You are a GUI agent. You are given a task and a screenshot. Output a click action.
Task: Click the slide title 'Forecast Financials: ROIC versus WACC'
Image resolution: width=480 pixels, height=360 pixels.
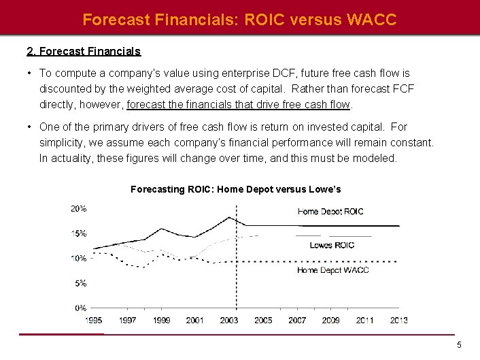point(239,20)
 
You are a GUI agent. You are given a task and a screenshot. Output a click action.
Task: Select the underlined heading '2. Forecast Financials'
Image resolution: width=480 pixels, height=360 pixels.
point(84,51)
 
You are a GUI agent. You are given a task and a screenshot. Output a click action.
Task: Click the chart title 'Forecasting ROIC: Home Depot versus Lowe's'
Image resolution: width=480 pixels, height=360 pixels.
point(235,189)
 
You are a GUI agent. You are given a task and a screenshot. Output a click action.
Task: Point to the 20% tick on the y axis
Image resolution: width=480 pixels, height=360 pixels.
point(79,209)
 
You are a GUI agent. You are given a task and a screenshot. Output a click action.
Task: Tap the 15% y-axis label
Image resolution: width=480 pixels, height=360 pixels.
point(79,233)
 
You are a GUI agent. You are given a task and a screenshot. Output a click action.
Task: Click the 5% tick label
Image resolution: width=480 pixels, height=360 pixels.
point(81,283)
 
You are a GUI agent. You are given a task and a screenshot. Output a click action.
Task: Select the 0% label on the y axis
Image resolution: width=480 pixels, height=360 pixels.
point(81,308)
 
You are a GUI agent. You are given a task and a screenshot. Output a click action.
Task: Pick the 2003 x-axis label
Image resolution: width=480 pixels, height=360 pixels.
point(229,320)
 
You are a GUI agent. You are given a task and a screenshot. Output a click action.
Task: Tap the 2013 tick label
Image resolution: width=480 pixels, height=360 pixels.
point(398,320)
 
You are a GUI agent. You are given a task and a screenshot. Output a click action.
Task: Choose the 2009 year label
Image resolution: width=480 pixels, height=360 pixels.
point(330,320)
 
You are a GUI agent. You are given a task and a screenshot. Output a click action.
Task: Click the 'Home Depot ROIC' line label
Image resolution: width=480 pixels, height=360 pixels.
point(330,212)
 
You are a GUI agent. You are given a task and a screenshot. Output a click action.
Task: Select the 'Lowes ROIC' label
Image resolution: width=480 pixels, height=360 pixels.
point(332,245)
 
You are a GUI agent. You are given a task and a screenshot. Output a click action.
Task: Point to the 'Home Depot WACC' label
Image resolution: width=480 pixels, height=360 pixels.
point(333,270)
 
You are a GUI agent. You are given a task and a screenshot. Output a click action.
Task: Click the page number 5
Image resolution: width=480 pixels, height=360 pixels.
point(459,345)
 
